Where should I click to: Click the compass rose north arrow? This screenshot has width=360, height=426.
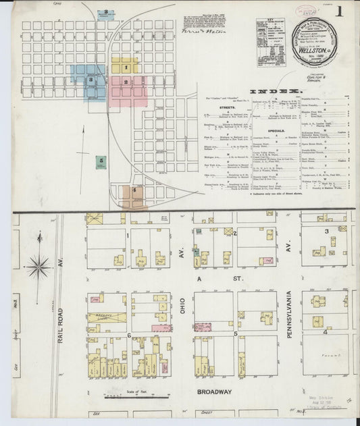(x=39, y=265)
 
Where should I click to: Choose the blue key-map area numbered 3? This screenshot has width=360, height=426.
(x=88, y=80)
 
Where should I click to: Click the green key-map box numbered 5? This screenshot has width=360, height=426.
(x=101, y=161)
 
